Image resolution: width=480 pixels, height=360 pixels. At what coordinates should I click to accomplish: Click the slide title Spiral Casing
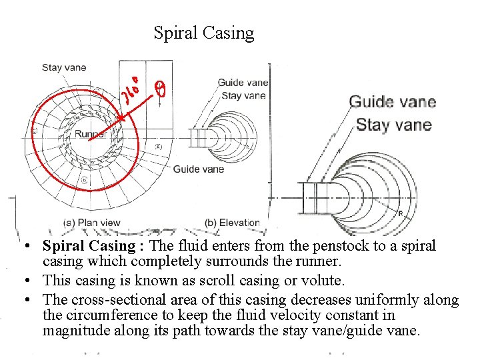coord(203,33)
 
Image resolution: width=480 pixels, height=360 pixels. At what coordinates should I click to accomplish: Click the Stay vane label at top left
coord(64,67)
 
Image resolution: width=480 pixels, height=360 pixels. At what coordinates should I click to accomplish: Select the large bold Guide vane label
coord(393,102)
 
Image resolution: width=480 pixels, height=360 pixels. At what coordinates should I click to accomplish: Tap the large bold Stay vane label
coord(393,125)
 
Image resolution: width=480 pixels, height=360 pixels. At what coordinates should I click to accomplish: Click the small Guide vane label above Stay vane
coord(243,83)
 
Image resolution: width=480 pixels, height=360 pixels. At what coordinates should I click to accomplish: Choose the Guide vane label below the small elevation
coord(199,169)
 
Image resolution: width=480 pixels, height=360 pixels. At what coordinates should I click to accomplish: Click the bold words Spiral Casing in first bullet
coord(95,246)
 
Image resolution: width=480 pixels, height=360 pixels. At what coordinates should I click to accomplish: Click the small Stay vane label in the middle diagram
coord(243,95)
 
